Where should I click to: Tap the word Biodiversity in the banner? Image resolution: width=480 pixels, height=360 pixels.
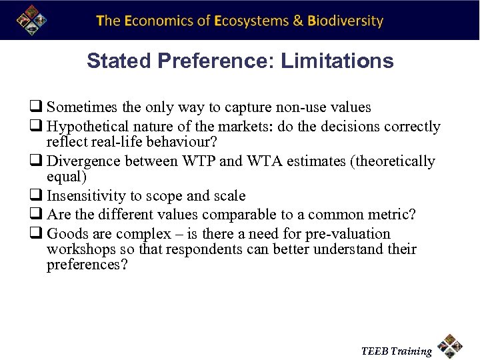(345, 21)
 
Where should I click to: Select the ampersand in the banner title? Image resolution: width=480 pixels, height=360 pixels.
(298, 21)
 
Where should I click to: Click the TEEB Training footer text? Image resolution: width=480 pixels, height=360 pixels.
(396, 351)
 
